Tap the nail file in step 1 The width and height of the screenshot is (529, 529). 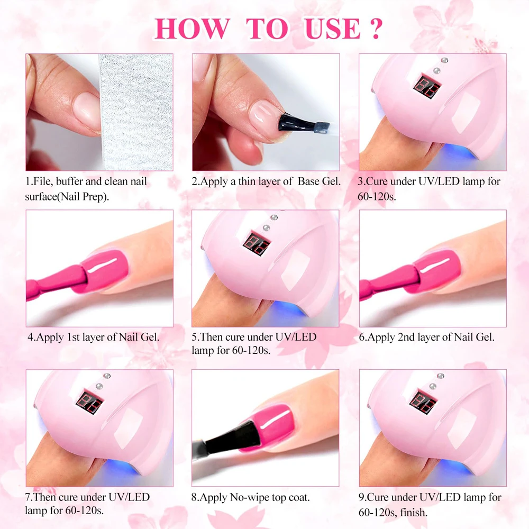136,111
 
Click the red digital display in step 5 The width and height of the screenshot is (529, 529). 257,244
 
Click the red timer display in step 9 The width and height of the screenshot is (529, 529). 424,403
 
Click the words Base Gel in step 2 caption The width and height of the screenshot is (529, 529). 320,181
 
